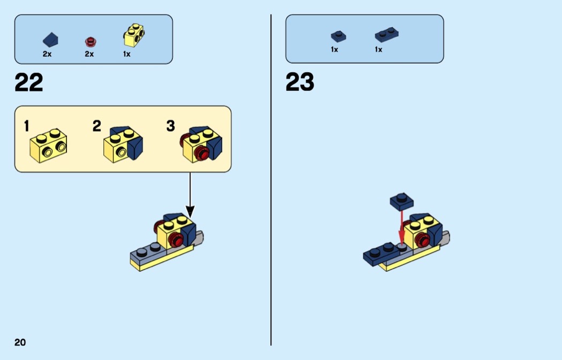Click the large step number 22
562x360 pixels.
[x=29, y=83]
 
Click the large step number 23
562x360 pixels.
[x=300, y=82]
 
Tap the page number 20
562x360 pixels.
[x=20, y=342]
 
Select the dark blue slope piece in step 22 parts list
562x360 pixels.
[x=50, y=40]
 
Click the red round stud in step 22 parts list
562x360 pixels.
[x=90, y=42]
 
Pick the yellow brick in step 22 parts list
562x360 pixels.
[x=134, y=35]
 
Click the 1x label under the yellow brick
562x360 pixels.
[x=127, y=54]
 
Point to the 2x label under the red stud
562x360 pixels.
[x=89, y=54]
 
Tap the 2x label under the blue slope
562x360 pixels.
[x=47, y=54]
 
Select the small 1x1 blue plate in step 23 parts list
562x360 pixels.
[x=338, y=36]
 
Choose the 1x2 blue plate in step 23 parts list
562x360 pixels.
[x=387, y=35]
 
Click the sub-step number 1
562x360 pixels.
[x=27, y=126]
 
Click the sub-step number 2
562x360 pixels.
[x=97, y=126]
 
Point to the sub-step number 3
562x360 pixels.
[x=171, y=126]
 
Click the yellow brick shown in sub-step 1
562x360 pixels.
[x=48, y=145]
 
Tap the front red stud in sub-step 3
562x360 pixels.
[x=202, y=154]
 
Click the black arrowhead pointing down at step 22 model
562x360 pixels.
[x=190, y=212]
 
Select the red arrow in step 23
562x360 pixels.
[x=402, y=228]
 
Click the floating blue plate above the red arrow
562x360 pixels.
[x=402, y=201]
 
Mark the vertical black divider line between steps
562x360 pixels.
[x=271, y=180]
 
